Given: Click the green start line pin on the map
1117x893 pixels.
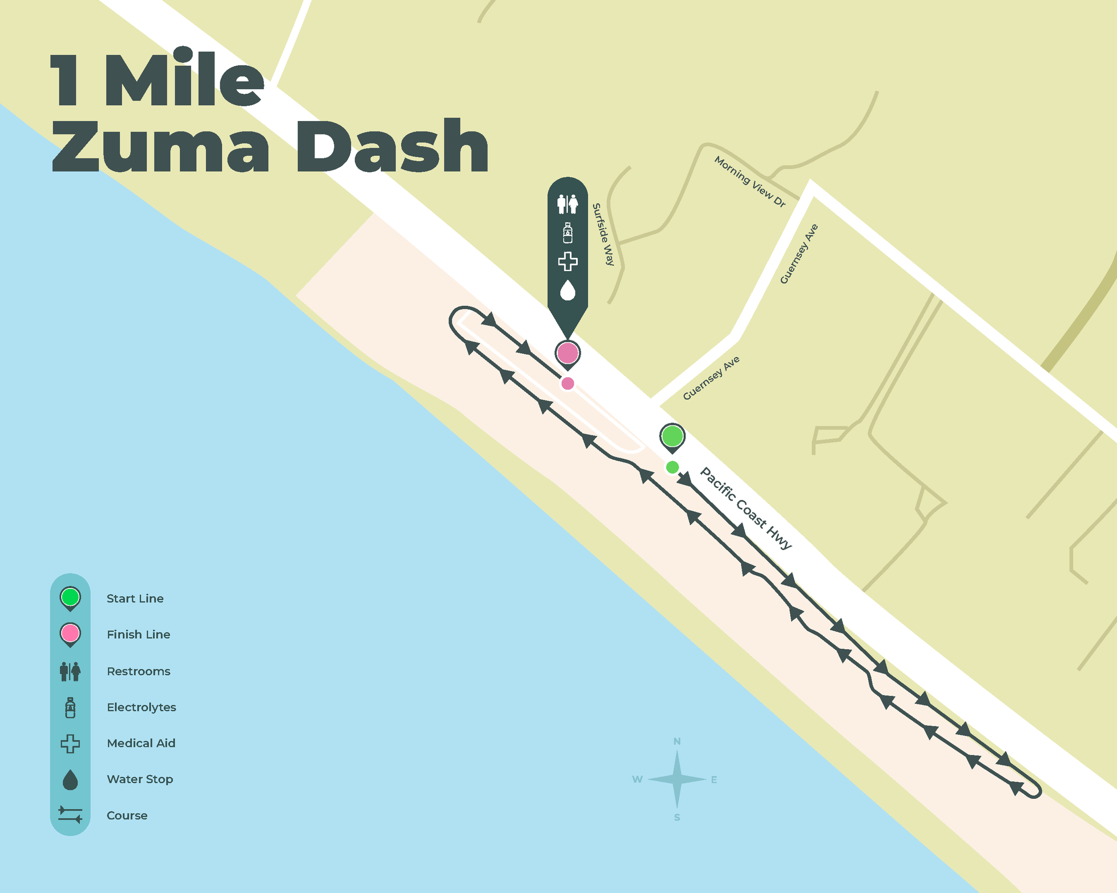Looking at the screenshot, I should point(672,436).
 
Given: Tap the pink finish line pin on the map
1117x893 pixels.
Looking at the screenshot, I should point(567,353).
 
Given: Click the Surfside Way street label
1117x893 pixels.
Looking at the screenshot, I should point(603,234).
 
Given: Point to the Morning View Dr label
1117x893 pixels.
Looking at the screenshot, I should point(750,181).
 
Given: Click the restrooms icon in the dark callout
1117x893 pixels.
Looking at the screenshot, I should point(567,204).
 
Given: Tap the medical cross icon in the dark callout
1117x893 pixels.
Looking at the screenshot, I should point(568,262).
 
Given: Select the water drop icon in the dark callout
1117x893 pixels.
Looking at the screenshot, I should point(568,290).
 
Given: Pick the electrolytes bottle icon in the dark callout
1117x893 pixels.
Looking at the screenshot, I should point(568,233).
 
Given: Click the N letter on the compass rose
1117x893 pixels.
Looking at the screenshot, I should point(676,741).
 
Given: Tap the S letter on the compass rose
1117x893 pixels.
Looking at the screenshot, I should point(676,818).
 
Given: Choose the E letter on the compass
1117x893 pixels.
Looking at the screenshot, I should point(714,780).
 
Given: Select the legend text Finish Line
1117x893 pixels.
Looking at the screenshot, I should point(139,634).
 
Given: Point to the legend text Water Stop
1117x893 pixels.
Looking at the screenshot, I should point(140,779).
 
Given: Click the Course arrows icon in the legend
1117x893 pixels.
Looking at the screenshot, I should point(70,814).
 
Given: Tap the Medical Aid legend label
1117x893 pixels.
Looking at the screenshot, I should point(141,743).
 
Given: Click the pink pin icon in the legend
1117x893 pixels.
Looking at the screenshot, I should point(70,634).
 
